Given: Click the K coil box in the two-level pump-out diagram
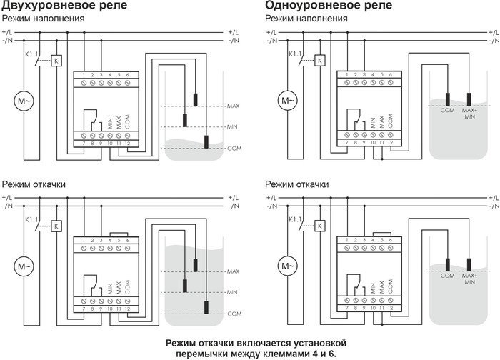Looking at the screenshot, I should (x=56, y=226).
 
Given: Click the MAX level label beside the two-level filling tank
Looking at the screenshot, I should (x=233, y=106).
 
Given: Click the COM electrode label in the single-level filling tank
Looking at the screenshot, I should (x=448, y=109).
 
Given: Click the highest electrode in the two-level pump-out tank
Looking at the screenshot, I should (x=194, y=265).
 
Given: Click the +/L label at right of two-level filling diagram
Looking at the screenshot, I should (x=233, y=33).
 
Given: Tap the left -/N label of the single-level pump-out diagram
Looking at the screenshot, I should (x=271, y=206).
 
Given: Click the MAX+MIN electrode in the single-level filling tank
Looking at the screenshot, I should (x=469, y=99).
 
